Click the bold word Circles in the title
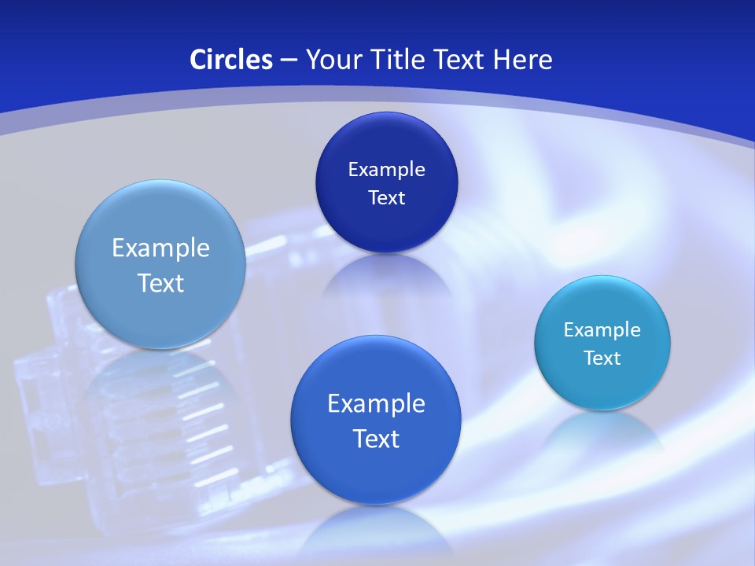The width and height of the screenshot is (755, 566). coord(230,60)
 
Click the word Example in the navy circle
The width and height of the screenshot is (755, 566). coord(386,170)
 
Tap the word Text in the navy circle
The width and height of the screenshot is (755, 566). coord(386,198)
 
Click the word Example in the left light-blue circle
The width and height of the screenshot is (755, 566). coord(160,248)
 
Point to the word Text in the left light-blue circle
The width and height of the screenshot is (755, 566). coord(160,283)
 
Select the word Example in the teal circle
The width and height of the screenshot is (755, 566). coord(602,330)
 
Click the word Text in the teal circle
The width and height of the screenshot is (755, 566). coord(602,358)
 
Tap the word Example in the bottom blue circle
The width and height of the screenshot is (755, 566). coord(376,404)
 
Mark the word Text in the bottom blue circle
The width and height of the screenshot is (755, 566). coord(376,439)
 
